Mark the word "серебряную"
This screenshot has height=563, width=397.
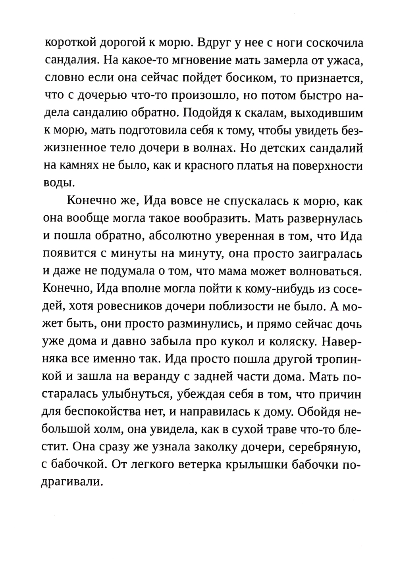(325, 447)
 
